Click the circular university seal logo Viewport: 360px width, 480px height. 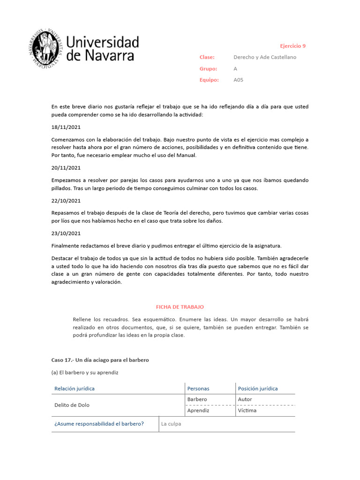point(46,49)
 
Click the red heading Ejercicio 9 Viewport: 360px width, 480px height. point(292,46)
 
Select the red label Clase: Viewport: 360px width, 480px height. point(207,57)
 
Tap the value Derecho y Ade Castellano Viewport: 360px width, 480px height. point(265,57)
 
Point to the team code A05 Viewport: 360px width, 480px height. point(238,80)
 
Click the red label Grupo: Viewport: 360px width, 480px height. point(208,68)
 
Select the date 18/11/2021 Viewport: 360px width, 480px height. point(66,127)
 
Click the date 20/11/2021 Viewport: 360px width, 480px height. point(66,168)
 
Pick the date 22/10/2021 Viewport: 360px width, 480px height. point(66,201)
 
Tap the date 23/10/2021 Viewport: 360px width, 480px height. point(66,233)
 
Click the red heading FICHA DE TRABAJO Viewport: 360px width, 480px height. point(180,307)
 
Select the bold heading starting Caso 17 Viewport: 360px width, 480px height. point(100,360)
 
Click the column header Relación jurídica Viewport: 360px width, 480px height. point(74,389)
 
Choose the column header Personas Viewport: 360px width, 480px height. point(198,389)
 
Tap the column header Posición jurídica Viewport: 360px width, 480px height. point(258,389)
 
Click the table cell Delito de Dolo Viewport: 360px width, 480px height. point(72,405)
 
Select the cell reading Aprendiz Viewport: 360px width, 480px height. point(198,411)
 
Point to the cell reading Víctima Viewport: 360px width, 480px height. point(247,411)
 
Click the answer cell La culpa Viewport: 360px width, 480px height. point(171,424)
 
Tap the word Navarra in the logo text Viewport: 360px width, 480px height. point(111,56)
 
